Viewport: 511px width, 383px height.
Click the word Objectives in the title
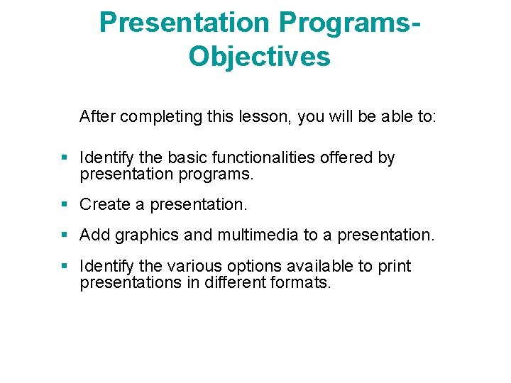pos(259,56)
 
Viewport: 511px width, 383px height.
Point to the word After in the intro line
pos(98,116)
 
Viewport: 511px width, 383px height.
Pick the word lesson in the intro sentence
pos(266,116)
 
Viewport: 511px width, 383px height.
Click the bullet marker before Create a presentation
pos(65,205)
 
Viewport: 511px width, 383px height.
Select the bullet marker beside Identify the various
pos(65,267)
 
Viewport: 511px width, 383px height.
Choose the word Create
pos(104,205)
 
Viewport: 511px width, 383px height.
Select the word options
pos(256,267)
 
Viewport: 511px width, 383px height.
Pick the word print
pos(394,267)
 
